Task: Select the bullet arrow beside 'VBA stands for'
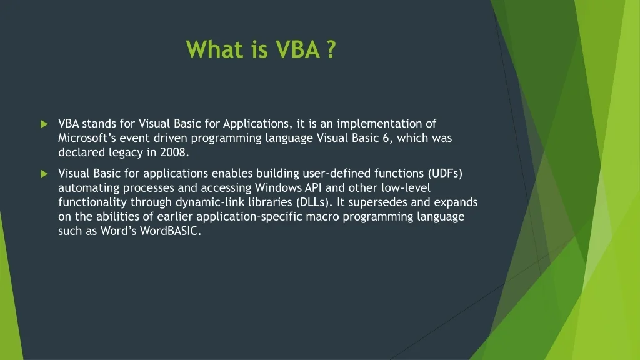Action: pos(44,124)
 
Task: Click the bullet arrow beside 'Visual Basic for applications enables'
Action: pos(44,174)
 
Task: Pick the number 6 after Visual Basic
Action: pos(386,138)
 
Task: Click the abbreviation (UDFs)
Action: pos(445,174)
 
